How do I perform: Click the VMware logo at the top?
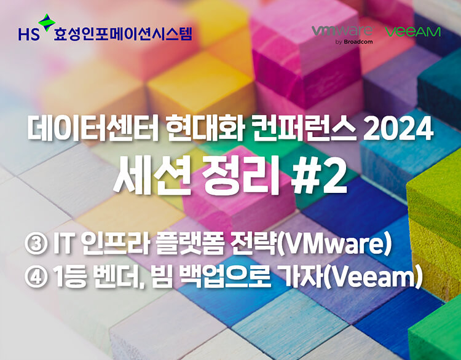tap(342, 31)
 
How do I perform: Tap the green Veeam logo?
tap(413, 32)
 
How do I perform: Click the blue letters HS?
tap(29, 34)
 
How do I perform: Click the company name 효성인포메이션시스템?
tap(122, 34)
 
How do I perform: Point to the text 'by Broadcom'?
tap(354, 42)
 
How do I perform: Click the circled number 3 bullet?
tap(36, 245)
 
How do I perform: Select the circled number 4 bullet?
tap(36, 277)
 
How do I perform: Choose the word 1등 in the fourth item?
tap(71, 278)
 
